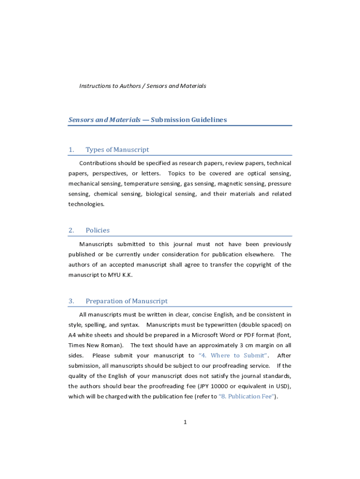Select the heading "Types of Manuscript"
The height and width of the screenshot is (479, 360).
(x=117, y=150)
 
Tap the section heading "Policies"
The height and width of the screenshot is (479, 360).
(x=98, y=230)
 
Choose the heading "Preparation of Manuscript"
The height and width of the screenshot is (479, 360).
(x=126, y=301)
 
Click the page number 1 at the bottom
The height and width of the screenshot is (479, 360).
(x=185, y=422)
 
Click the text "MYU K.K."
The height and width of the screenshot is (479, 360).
(x=121, y=275)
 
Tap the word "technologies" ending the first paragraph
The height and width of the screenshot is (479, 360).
(x=86, y=204)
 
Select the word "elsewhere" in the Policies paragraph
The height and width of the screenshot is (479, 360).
(x=258, y=254)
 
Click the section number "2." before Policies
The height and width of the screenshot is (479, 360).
(x=72, y=230)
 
